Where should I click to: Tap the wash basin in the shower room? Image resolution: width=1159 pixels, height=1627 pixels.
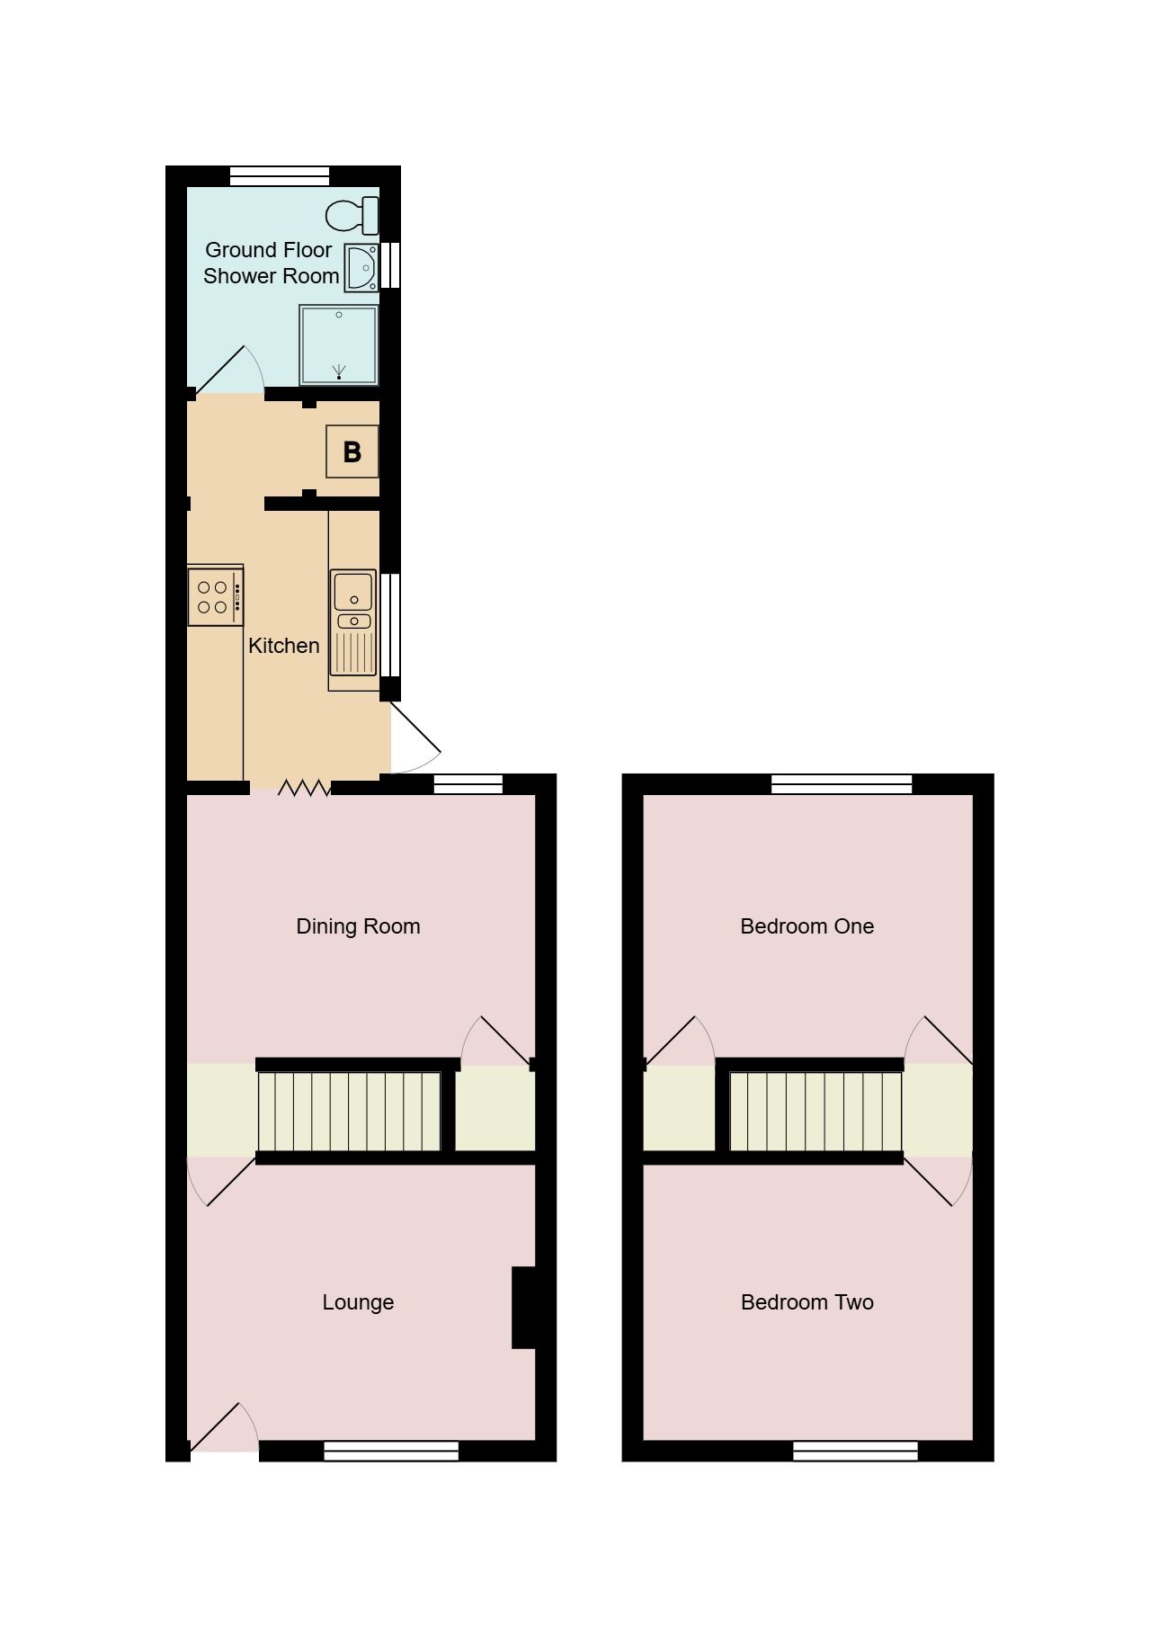click(362, 267)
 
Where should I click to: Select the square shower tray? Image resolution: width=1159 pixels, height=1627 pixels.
click(339, 345)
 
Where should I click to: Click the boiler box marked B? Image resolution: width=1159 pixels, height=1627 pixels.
click(352, 451)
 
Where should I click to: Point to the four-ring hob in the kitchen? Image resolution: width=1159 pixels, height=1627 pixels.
click(214, 596)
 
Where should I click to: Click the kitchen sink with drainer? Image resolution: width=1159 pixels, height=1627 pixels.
click(353, 622)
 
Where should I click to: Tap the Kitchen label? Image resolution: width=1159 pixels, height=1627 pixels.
click(283, 646)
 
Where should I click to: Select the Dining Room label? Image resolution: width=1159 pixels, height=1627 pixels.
click(358, 926)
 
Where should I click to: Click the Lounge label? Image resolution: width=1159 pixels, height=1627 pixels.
click(358, 1302)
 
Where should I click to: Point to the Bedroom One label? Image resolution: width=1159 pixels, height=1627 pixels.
click(807, 926)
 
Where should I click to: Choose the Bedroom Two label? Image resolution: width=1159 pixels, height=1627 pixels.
click(807, 1302)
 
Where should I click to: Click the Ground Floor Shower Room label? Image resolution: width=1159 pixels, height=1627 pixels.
click(270, 263)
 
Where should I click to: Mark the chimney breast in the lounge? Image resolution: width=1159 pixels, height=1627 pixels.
click(523, 1308)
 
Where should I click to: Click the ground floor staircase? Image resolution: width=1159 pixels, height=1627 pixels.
click(350, 1112)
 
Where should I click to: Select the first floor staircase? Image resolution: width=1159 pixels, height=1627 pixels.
click(815, 1112)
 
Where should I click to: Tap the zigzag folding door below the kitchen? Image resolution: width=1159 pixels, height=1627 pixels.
click(304, 788)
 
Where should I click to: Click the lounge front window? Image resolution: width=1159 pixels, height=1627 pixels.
click(391, 1451)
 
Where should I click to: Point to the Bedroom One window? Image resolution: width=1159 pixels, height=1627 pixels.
click(842, 784)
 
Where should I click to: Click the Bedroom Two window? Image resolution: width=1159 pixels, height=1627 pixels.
click(855, 1451)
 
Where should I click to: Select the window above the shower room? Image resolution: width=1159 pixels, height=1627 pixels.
click(280, 176)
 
